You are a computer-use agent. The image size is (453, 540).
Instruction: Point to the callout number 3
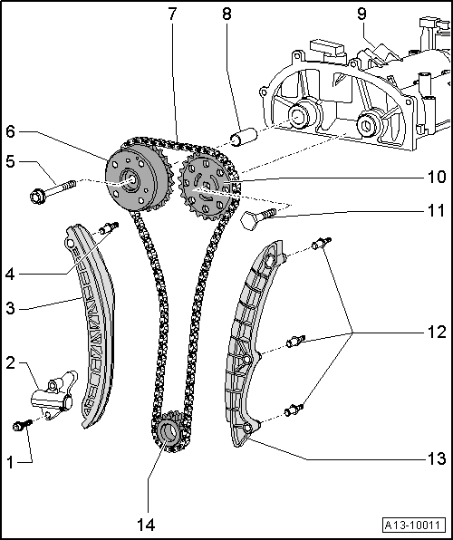(10, 308)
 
